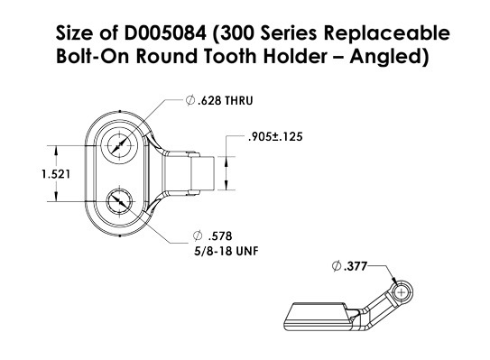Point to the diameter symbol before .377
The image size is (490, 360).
pyautogui.click(x=337, y=266)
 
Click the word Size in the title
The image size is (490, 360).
pyautogui.click(x=74, y=35)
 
